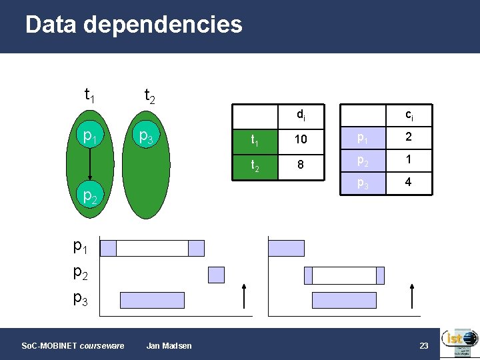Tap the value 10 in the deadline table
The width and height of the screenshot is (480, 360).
[301, 139]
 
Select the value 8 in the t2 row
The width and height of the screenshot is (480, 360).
[301, 164]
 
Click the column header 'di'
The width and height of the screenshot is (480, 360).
[301, 115]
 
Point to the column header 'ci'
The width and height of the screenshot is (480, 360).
[409, 115]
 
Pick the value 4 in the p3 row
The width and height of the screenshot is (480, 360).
[409, 181]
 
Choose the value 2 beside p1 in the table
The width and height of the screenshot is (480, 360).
[409, 137]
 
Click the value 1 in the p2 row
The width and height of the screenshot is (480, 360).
[409, 160]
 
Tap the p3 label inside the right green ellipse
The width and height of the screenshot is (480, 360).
[146, 137]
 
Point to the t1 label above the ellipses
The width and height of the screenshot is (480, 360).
[89, 95]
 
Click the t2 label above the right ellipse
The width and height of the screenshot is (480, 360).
[150, 97]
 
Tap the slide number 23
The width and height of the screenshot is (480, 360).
[423, 345]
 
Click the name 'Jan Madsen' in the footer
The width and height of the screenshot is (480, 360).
[169, 345]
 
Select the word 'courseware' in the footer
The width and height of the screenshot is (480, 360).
[101, 345]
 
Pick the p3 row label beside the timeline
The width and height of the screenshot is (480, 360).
[80, 298]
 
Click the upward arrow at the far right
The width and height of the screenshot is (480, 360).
[413, 295]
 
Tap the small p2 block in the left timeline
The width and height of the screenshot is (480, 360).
[217, 275]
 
